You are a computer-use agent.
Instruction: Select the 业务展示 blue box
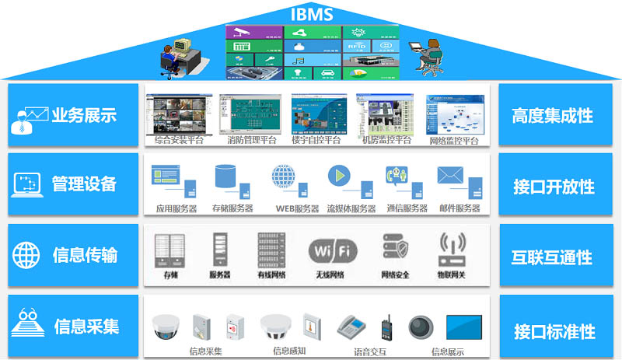(x=74, y=116)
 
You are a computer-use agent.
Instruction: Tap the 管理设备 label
(x=84, y=184)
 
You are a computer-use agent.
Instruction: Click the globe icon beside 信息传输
(x=26, y=255)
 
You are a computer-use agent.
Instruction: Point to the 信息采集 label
(x=86, y=326)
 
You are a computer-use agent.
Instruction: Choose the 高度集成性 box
(x=553, y=116)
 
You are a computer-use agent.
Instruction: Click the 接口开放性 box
(x=553, y=187)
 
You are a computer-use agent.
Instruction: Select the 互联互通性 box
(x=553, y=257)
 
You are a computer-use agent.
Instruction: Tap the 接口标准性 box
(x=553, y=331)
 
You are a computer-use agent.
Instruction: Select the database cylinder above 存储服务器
(x=225, y=175)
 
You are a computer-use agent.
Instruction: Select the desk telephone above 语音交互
(x=351, y=327)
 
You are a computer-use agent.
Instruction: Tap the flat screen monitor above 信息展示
(x=464, y=326)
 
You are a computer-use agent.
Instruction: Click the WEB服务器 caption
(x=298, y=208)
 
